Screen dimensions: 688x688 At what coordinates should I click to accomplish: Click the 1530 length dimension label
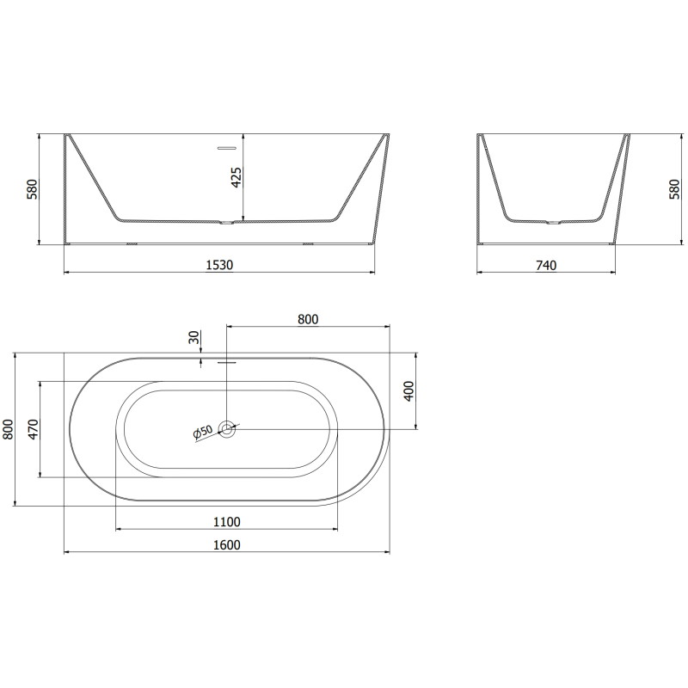pyautogui.click(x=219, y=265)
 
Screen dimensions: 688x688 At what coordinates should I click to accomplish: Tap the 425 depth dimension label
pyautogui.click(x=236, y=177)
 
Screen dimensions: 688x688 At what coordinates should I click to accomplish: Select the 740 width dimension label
pyautogui.click(x=546, y=265)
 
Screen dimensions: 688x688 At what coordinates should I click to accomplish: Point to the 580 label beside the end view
pyautogui.click(x=674, y=189)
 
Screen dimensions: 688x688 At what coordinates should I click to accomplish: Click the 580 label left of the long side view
pyautogui.click(x=33, y=189)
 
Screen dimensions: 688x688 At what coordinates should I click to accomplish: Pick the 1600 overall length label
pyautogui.click(x=227, y=544)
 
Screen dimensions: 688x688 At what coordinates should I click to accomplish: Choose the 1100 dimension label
pyautogui.click(x=227, y=522)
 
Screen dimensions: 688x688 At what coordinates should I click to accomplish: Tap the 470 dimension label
pyautogui.click(x=34, y=429)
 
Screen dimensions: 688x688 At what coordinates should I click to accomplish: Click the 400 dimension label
pyautogui.click(x=408, y=391)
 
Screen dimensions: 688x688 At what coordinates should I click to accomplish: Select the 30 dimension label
pyautogui.click(x=194, y=337)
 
